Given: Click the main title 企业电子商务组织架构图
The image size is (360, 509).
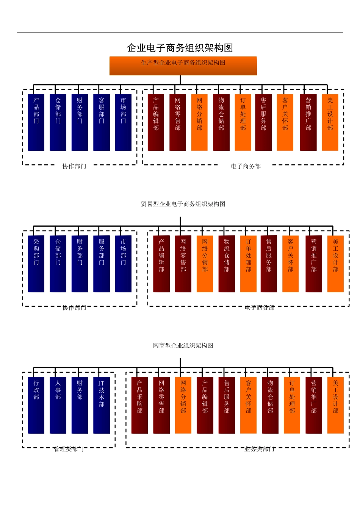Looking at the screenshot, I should point(180,48).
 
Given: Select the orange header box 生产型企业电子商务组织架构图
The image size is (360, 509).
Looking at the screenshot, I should point(183,66).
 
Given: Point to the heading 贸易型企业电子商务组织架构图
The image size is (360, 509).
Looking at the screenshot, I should point(183,204).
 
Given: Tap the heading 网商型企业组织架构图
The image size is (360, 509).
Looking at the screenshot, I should point(183,345).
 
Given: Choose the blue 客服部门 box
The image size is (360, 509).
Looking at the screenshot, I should point(102,122).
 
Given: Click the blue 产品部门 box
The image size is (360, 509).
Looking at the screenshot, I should point(36,122).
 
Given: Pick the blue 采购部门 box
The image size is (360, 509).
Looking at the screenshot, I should point(36,264).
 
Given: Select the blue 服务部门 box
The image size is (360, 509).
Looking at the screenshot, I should point(102,264).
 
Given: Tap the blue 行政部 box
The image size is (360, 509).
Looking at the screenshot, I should point(36,405).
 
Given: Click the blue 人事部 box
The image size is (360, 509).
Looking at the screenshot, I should point(58,405).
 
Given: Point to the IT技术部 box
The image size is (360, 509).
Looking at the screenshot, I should point(102,405).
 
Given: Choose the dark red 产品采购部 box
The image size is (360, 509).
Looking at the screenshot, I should point(139,405).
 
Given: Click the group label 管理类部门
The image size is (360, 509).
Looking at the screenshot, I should point(69,449).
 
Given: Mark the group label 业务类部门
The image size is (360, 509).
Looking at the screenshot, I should point(260,449).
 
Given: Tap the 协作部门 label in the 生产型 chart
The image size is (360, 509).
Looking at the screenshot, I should point(74,166).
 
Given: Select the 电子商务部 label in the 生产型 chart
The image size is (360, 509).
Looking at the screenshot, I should point(246,166).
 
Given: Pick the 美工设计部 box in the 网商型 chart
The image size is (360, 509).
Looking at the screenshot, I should point(335,405).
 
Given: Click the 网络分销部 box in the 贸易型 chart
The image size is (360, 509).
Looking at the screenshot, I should point(205,264).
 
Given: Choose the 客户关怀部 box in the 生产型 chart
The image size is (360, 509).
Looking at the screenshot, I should point(285,122).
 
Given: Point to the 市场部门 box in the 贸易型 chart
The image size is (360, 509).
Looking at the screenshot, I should point(123,264).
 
